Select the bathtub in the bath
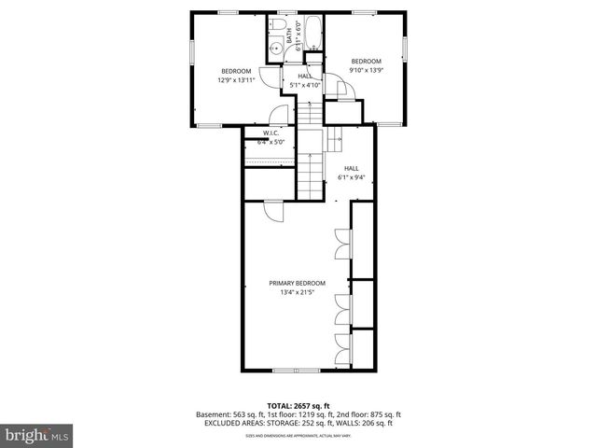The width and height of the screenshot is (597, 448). (x=312, y=33)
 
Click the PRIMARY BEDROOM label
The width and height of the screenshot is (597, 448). (x=298, y=283)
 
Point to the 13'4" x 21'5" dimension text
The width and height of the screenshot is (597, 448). (x=298, y=292)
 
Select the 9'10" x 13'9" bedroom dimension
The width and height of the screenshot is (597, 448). (x=367, y=67)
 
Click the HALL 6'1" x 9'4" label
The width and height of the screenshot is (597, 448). (x=351, y=173)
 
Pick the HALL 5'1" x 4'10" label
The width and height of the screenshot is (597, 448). (x=304, y=80)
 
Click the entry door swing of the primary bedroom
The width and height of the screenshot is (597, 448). (x=274, y=212)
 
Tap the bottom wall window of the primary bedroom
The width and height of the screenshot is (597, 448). (x=298, y=371)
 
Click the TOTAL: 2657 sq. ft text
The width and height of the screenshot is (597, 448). (x=298, y=406)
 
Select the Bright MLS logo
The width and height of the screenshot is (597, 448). (x=37, y=435)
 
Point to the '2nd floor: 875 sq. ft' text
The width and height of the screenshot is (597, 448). (x=366, y=414)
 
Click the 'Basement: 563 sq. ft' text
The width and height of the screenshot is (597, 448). (x=227, y=414)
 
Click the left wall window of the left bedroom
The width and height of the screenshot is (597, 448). (x=190, y=51)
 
